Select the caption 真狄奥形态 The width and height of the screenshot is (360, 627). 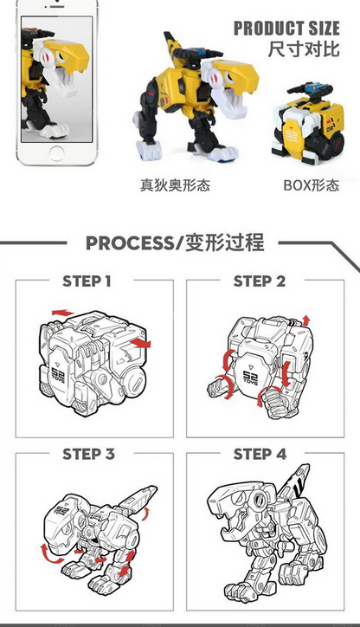[175, 185]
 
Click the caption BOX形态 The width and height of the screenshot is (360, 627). [311, 185]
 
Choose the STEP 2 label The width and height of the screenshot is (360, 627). [259, 281]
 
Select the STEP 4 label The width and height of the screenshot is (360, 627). [259, 454]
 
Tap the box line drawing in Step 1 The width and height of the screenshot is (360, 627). [93, 364]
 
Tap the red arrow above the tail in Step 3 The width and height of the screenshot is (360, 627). [138, 494]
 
